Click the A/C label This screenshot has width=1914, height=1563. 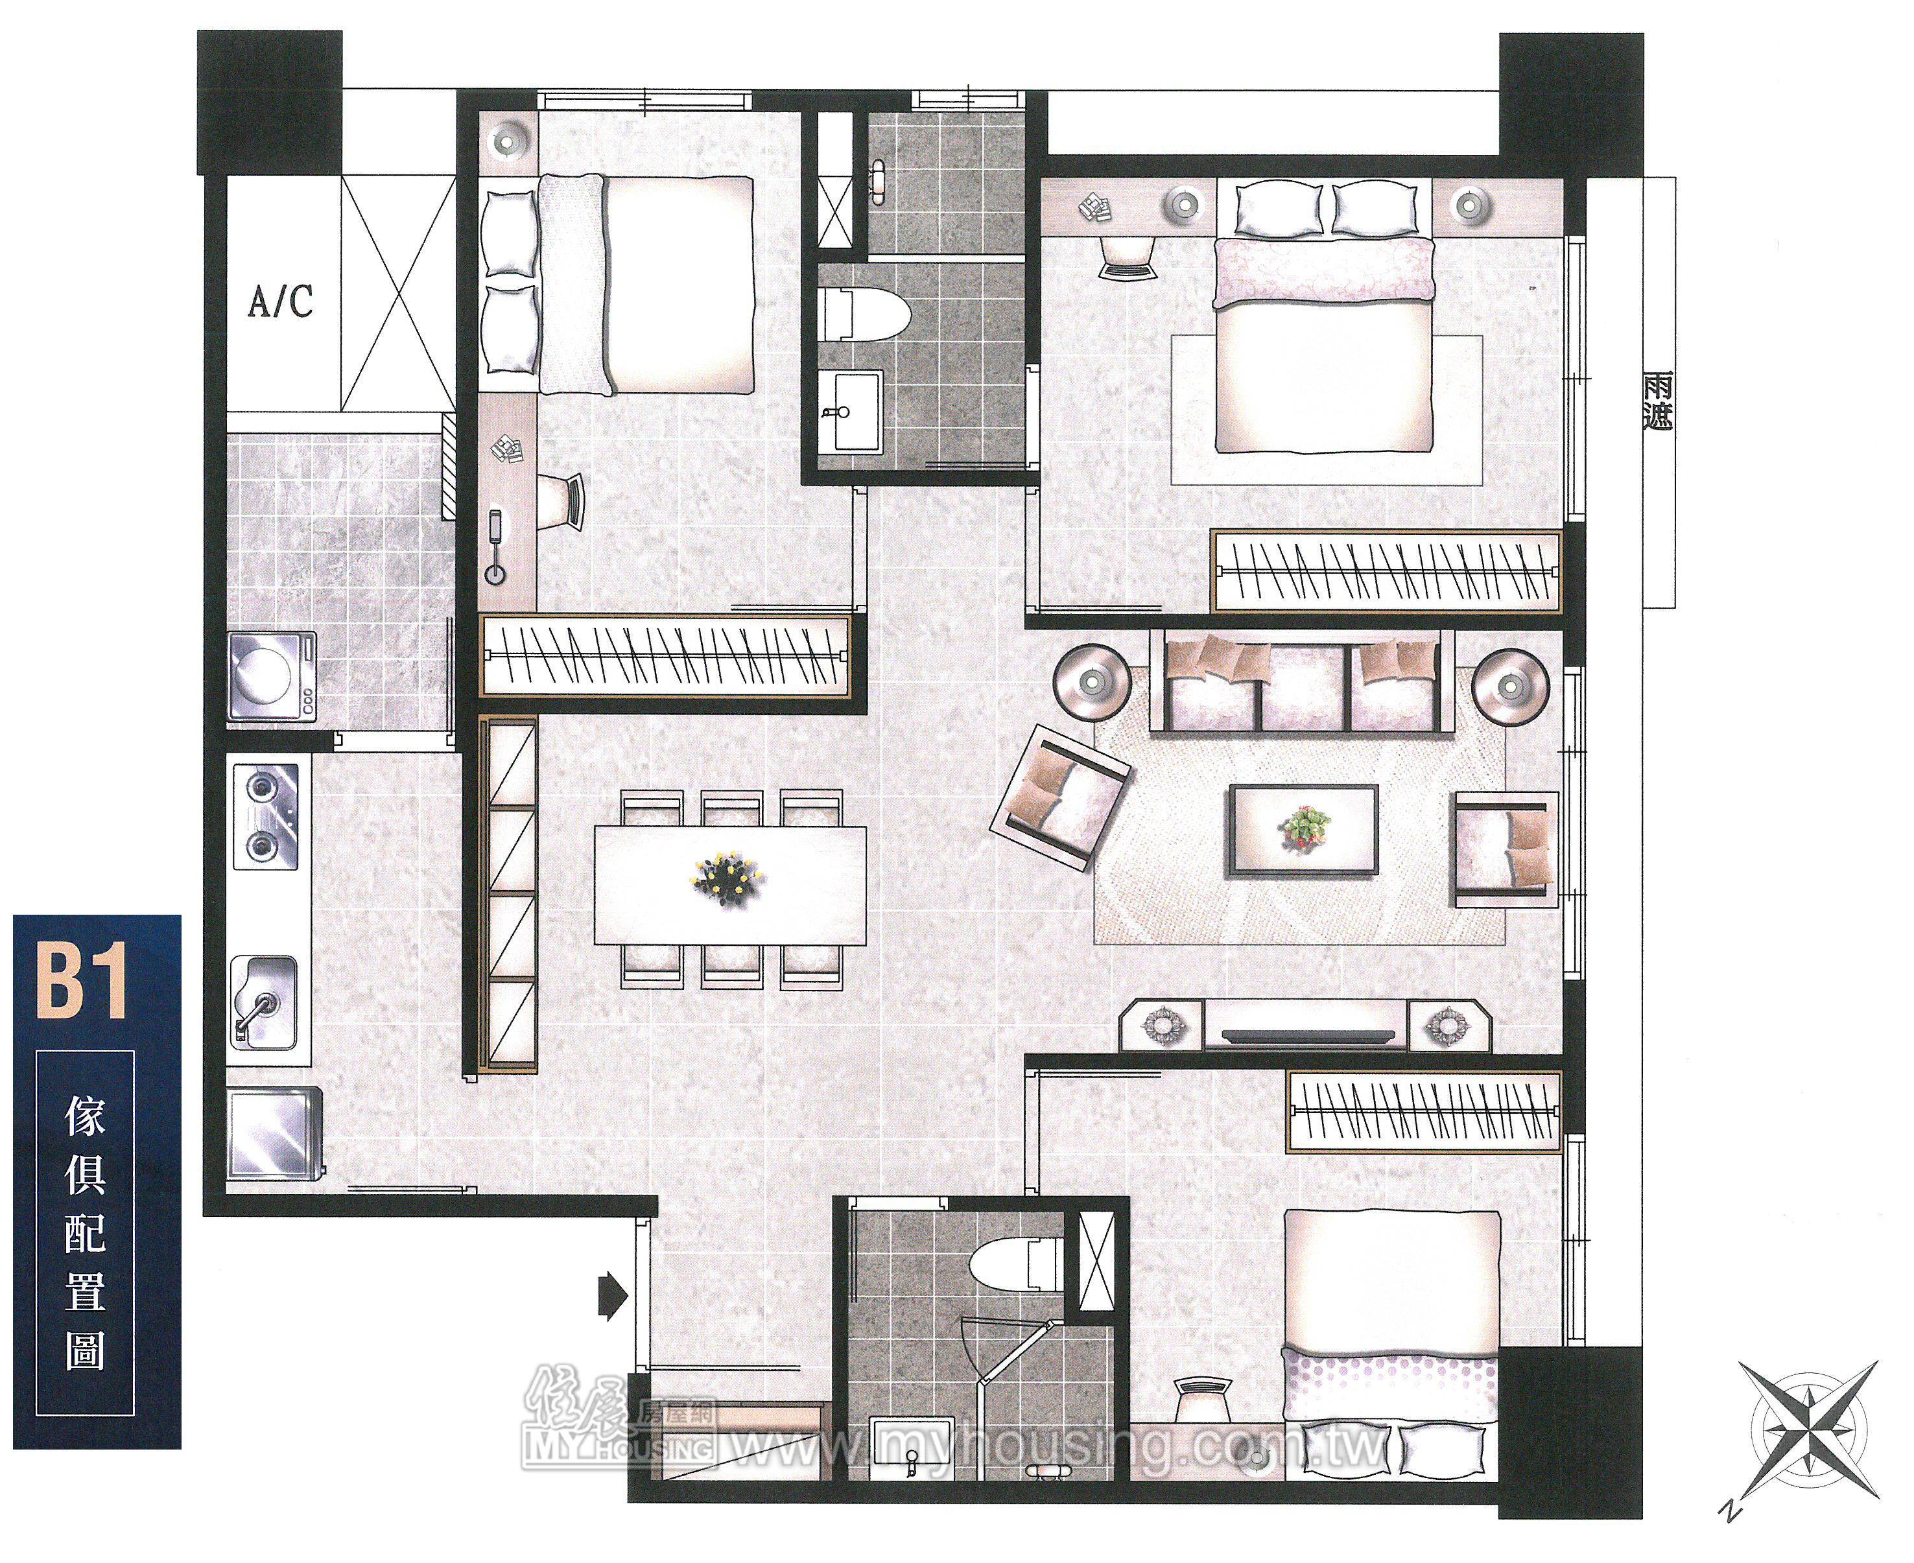pyautogui.click(x=281, y=301)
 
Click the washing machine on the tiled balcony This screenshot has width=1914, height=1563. pyautogui.click(x=272, y=676)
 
